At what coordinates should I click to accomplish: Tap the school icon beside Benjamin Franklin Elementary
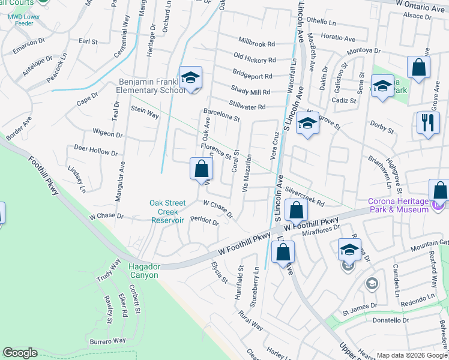click(190, 78)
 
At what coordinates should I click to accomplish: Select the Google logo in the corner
click(20, 352)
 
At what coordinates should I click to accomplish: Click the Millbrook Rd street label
click(256, 44)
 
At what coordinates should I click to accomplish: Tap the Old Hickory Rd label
click(255, 60)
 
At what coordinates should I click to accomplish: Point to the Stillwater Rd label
click(247, 107)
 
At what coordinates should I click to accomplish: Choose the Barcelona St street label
click(221, 115)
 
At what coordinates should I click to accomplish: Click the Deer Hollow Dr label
click(95, 147)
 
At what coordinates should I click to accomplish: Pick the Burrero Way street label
click(108, 340)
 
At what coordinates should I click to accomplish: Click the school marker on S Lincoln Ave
click(307, 124)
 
